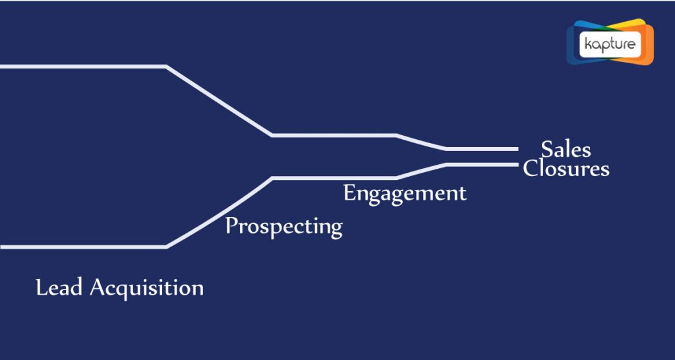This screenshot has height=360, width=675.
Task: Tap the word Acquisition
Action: [147, 288]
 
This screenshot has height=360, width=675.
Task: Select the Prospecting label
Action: [284, 227]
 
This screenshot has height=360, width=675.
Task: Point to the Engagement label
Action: [405, 193]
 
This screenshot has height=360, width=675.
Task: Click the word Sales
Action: [566, 150]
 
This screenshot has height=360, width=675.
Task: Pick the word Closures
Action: [566, 168]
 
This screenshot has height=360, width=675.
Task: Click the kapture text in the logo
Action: [610, 44]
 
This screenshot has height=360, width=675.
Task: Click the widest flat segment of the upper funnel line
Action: [83, 67]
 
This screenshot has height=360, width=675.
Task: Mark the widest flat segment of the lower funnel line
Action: [83, 247]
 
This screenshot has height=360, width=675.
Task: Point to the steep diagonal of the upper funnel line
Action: [219, 101]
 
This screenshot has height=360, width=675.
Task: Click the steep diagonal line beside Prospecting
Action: [220, 212]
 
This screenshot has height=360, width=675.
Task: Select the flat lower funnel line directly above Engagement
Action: [334, 178]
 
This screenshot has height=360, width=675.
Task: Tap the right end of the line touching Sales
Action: [517, 149]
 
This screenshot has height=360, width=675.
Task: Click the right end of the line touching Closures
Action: [517, 164]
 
